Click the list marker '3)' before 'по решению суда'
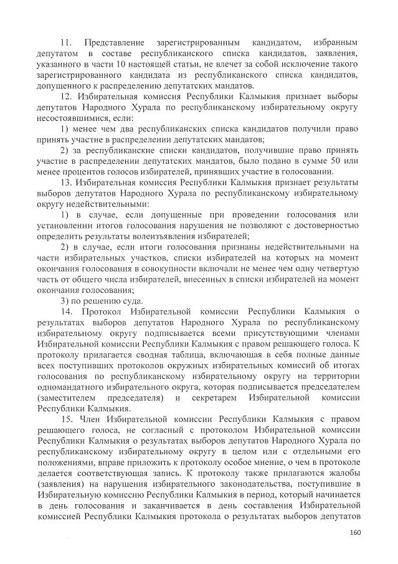(x=65, y=300)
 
